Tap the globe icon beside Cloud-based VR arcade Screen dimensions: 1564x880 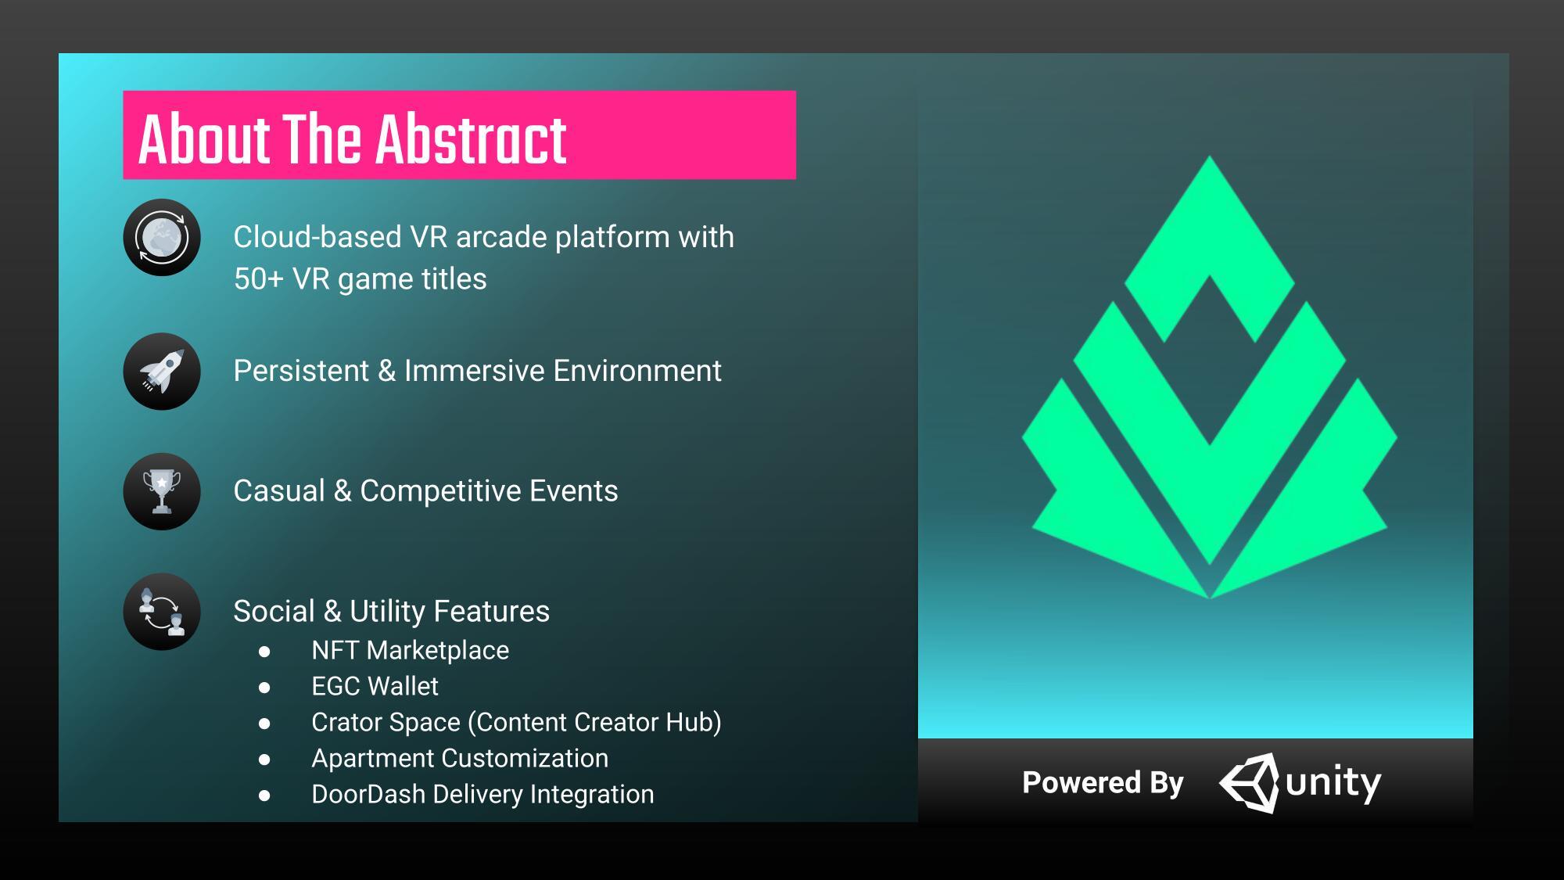click(162, 237)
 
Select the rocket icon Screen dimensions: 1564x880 click(162, 371)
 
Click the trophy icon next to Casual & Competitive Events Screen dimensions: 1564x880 click(162, 491)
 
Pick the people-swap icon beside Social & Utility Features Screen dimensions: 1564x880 click(162, 612)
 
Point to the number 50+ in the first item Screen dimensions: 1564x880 click(258, 279)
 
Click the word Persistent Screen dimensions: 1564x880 click(301, 371)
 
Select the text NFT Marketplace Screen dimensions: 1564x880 click(410, 651)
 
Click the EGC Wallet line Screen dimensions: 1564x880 click(375, 687)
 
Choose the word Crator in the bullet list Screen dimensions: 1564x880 click(347, 723)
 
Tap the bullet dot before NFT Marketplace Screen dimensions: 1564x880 click(264, 652)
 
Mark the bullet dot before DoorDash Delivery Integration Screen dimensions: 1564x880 click(264, 796)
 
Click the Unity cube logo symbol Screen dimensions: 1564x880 click(1249, 783)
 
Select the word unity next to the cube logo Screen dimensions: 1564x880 click(1333, 783)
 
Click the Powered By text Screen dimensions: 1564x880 click(1103, 783)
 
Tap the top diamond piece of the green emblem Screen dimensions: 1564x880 click(1210, 249)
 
